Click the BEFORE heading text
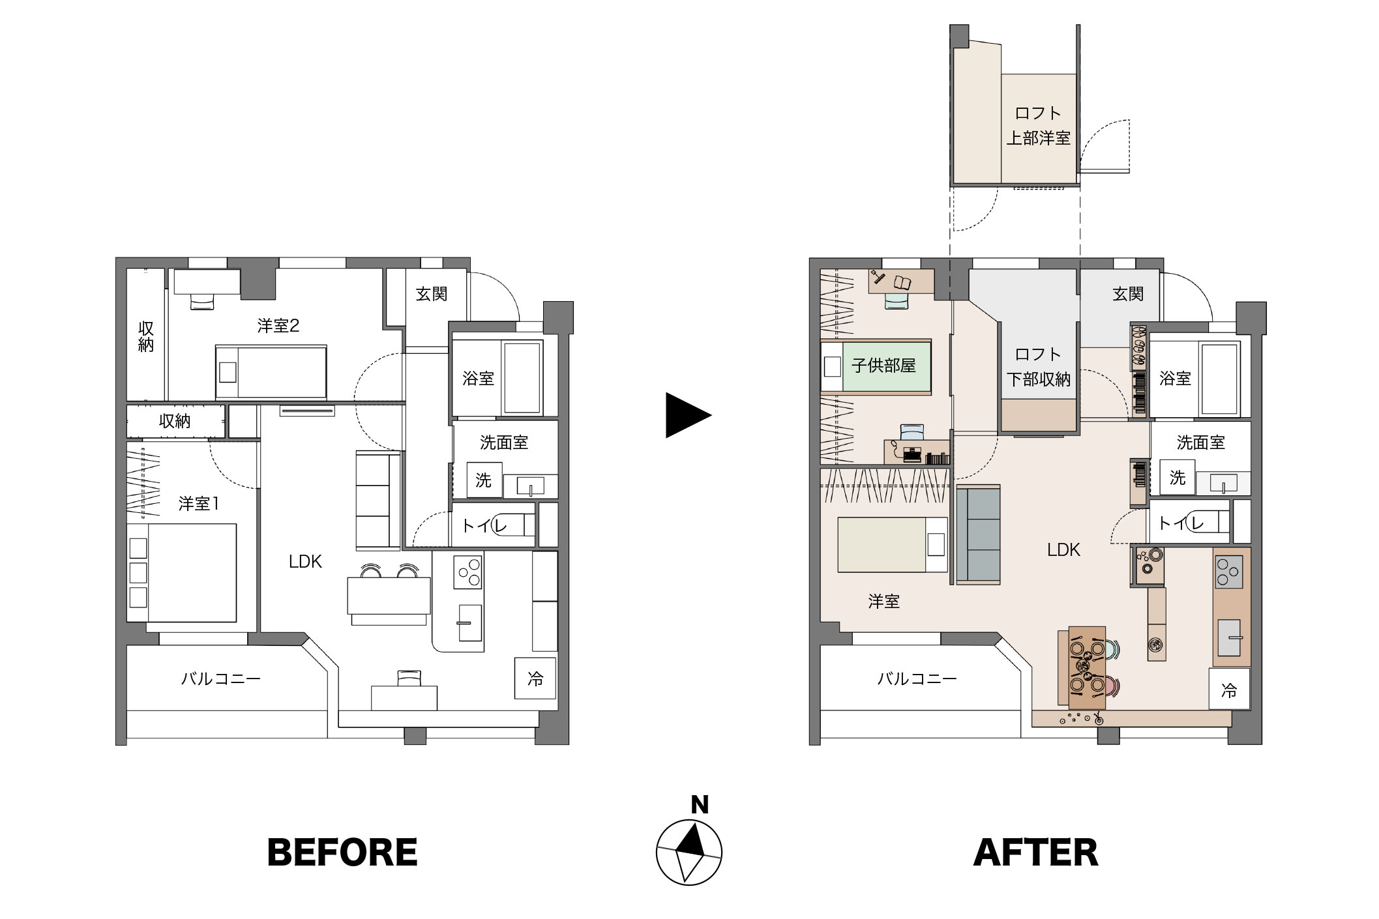(x=342, y=853)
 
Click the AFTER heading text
(x=1036, y=853)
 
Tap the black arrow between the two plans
(x=688, y=415)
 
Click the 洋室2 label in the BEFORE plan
(x=278, y=326)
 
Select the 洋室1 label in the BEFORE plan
(x=199, y=504)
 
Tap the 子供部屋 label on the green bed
(x=883, y=366)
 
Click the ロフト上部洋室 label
(x=1039, y=126)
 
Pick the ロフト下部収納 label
(x=1039, y=367)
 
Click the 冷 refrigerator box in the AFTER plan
(x=1229, y=690)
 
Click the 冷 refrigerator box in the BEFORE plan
(x=535, y=678)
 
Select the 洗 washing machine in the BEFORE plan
(x=484, y=480)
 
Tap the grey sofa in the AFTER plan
(x=978, y=534)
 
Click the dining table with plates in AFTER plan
(x=1087, y=667)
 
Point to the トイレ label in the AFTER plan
(x=1181, y=523)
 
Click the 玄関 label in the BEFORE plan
(x=432, y=294)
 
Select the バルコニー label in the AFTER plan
(x=917, y=679)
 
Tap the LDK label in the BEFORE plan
(x=305, y=562)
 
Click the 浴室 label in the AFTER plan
(x=1175, y=379)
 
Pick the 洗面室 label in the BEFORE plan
(x=504, y=443)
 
